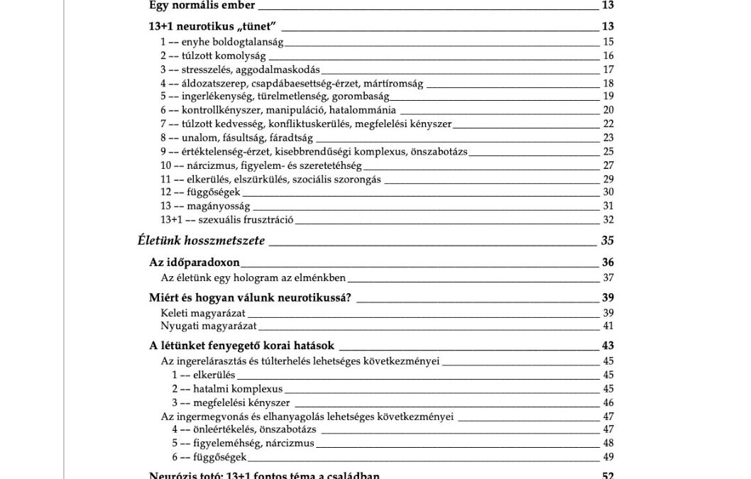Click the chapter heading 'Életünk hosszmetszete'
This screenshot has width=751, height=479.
(x=201, y=241)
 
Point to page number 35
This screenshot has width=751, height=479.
(x=607, y=241)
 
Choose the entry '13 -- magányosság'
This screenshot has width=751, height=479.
(x=205, y=206)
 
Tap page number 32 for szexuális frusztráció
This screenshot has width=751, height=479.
(x=608, y=219)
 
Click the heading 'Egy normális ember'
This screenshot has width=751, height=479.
(x=202, y=6)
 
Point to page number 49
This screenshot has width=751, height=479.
(x=608, y=456)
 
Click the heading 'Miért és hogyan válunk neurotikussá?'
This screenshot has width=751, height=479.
(x=251, y=298)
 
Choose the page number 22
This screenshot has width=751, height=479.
(x=608, y=124)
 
